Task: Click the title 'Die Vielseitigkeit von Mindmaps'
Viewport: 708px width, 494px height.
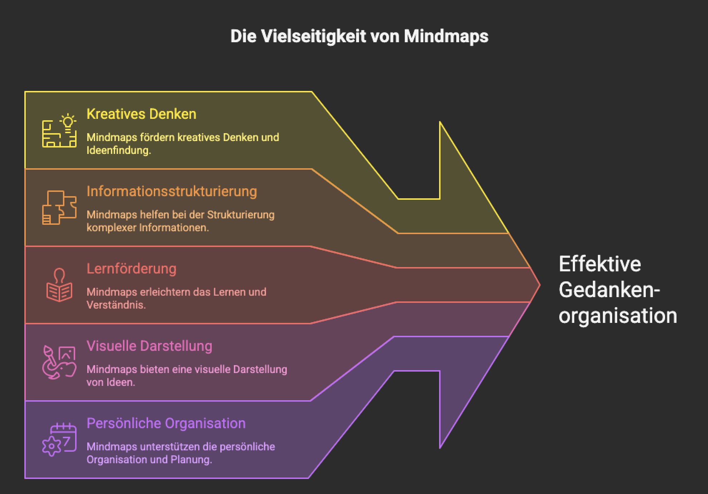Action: (x=359, y=36)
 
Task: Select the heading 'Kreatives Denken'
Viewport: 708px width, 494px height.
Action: (x=141, y=114)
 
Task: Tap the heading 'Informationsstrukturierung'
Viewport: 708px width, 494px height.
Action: (x=172, y=192)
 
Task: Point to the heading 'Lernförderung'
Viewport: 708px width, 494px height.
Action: (x=131, y=269)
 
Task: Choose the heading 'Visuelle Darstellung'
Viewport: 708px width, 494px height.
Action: (x=149, y=346)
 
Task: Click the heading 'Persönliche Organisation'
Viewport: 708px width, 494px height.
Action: (x=166, y=423)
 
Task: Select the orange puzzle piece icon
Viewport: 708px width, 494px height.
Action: (x=59, y=208)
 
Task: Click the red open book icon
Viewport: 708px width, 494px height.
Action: (x=59, y=285)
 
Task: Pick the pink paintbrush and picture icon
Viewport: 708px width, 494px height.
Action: (x=59, y=362)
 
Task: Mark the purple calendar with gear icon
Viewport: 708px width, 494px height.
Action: (x=59, y=440)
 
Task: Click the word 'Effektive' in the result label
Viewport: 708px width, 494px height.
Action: (x=600, y=264)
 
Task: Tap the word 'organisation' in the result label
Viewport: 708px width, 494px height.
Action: (x=618, y=316)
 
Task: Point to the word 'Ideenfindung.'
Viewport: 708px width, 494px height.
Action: (x=119, y=150)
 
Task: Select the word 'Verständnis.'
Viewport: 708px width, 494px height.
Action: (x=116, y=305)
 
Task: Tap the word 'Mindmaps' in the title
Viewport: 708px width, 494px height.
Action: (x=446, y=36)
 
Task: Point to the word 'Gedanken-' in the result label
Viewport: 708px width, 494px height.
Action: (x=609, y=290)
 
